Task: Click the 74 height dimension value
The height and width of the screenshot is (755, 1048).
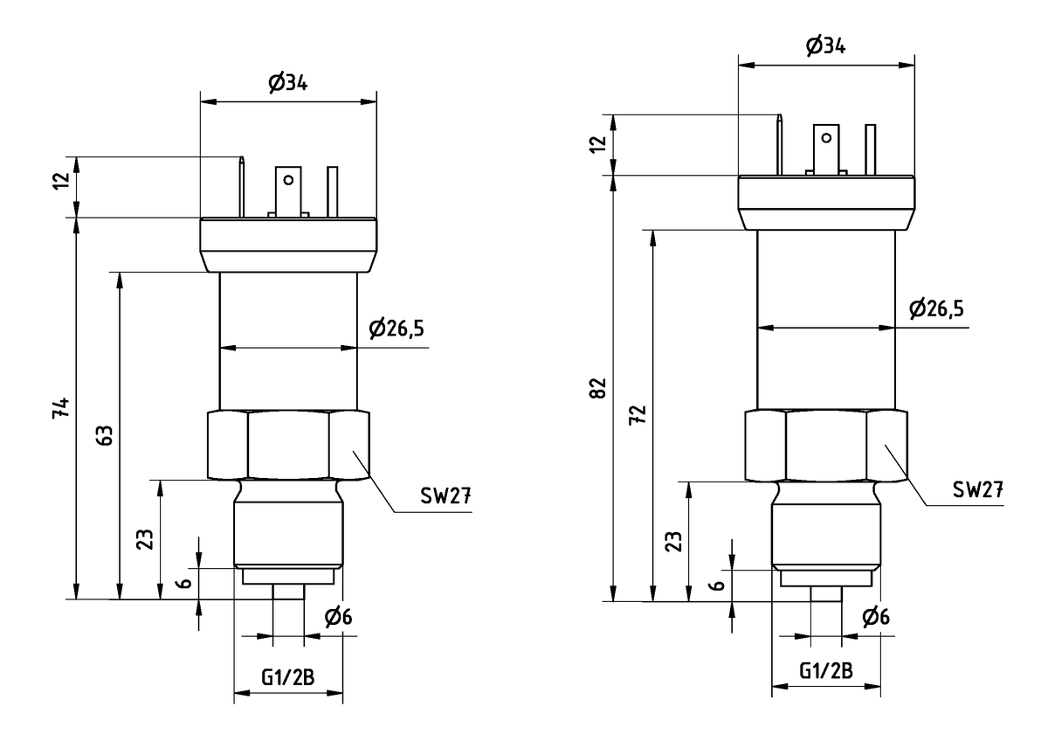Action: (59, 408)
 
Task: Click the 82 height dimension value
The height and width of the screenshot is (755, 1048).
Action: (597, 389)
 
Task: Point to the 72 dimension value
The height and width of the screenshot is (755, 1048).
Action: (638, 415)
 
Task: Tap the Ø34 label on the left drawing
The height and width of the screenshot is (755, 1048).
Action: (289, 84)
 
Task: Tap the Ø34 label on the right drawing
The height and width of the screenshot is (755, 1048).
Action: (825, 47)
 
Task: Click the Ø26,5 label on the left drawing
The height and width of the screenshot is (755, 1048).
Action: (397, 329)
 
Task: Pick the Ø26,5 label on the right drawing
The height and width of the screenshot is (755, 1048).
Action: (935, 308)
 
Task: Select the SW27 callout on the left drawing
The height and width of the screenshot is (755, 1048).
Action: (445, 495)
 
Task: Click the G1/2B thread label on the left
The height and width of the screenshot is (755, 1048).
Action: (288, 675)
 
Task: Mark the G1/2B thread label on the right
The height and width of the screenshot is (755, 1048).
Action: (826, 670)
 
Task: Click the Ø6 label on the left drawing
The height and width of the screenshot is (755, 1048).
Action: (338, 618)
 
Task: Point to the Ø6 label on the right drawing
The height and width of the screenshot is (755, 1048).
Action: (876, 618)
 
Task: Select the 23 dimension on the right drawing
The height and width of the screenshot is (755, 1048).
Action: (672, 542)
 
